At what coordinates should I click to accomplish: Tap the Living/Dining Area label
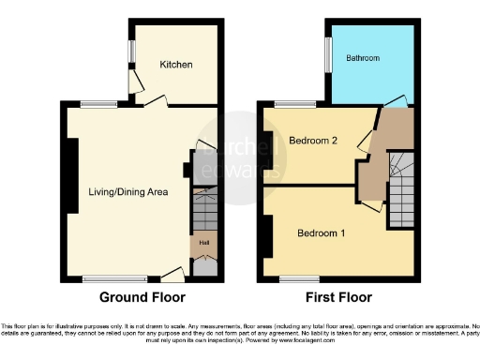(127, 192)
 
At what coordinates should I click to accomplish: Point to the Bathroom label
(363, 58)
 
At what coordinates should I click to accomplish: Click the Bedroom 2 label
(312, 142)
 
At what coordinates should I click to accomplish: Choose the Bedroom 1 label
(322, 232)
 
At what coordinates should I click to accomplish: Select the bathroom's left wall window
(328, 52)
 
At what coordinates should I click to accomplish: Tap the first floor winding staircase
(401, 179)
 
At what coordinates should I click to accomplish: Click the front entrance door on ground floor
(172, 274)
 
